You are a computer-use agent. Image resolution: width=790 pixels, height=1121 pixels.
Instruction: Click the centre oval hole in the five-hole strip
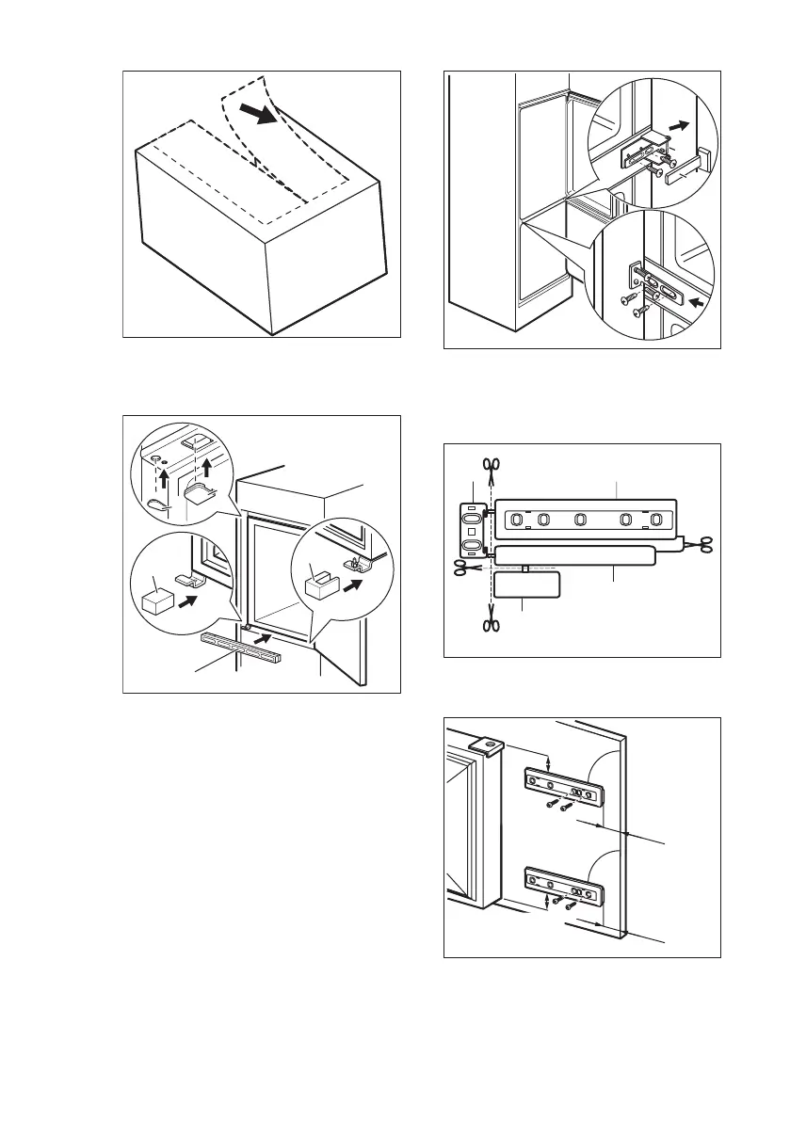(581, 519)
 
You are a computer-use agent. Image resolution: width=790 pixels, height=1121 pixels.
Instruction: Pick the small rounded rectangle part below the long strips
(527, 585)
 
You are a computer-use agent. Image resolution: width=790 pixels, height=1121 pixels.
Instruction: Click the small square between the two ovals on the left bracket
(471, 532)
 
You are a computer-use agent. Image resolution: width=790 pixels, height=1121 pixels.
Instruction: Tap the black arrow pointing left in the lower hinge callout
(693, 305)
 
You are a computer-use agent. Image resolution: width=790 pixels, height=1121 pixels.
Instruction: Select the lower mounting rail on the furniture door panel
(562, 886)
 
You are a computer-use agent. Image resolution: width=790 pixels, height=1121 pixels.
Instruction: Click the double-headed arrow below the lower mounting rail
(548, 902)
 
